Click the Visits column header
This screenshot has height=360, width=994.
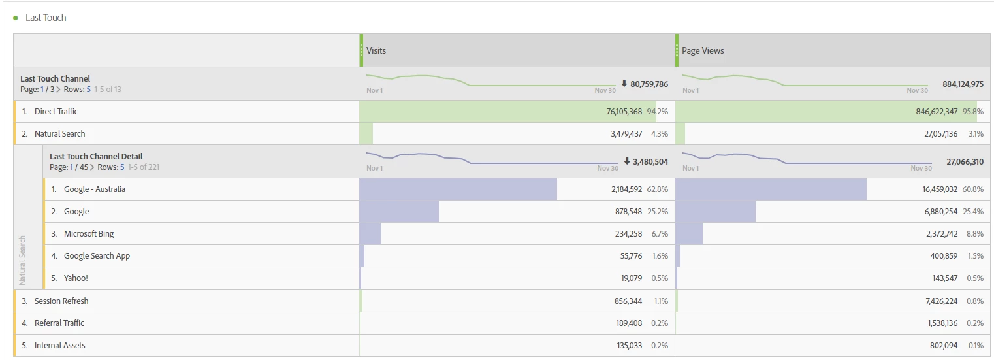pos(376,50)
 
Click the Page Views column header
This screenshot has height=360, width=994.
pos(703,50)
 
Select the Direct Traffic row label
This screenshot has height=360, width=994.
pos(56,112)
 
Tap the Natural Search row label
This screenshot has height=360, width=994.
pos(59,134)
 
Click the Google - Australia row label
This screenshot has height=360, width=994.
pos(94,189)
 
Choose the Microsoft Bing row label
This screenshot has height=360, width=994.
pos(89,234)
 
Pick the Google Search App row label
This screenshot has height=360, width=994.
pos(97,256)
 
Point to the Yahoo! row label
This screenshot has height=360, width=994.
pos(76,278)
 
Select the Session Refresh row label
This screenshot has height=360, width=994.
pos(61,301)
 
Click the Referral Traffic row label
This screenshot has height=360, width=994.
pos(59,323)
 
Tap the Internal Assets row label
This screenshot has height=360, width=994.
pos(59,346)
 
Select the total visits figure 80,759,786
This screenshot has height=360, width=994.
pos(649,84)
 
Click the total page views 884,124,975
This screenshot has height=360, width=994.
pos(963,84)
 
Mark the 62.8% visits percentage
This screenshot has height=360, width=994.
pos(657,189)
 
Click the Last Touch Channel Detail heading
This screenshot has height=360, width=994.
pos(96,156)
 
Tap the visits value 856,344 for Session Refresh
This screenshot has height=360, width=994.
pos(624,301)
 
